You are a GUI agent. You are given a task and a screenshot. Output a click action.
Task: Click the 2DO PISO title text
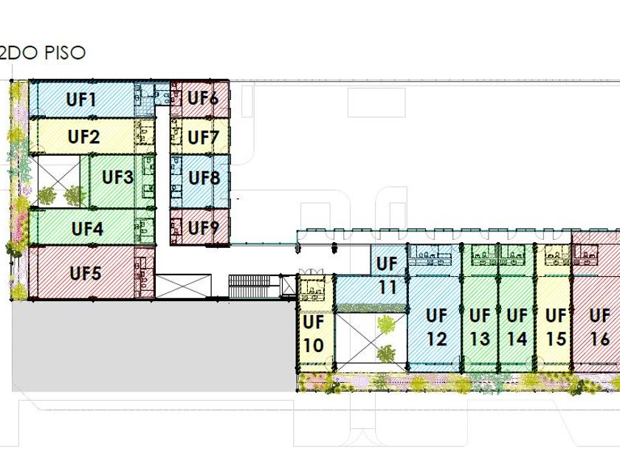click(43, 53)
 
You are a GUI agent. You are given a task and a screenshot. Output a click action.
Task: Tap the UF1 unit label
click(82, 99)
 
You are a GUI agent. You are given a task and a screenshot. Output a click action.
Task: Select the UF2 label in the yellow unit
click(83, 137)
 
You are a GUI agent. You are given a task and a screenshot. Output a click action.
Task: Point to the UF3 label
click(117, 177)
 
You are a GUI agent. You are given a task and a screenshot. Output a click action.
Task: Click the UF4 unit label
click(87, 228)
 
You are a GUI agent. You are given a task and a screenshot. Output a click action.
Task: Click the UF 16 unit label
click(600, 327)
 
